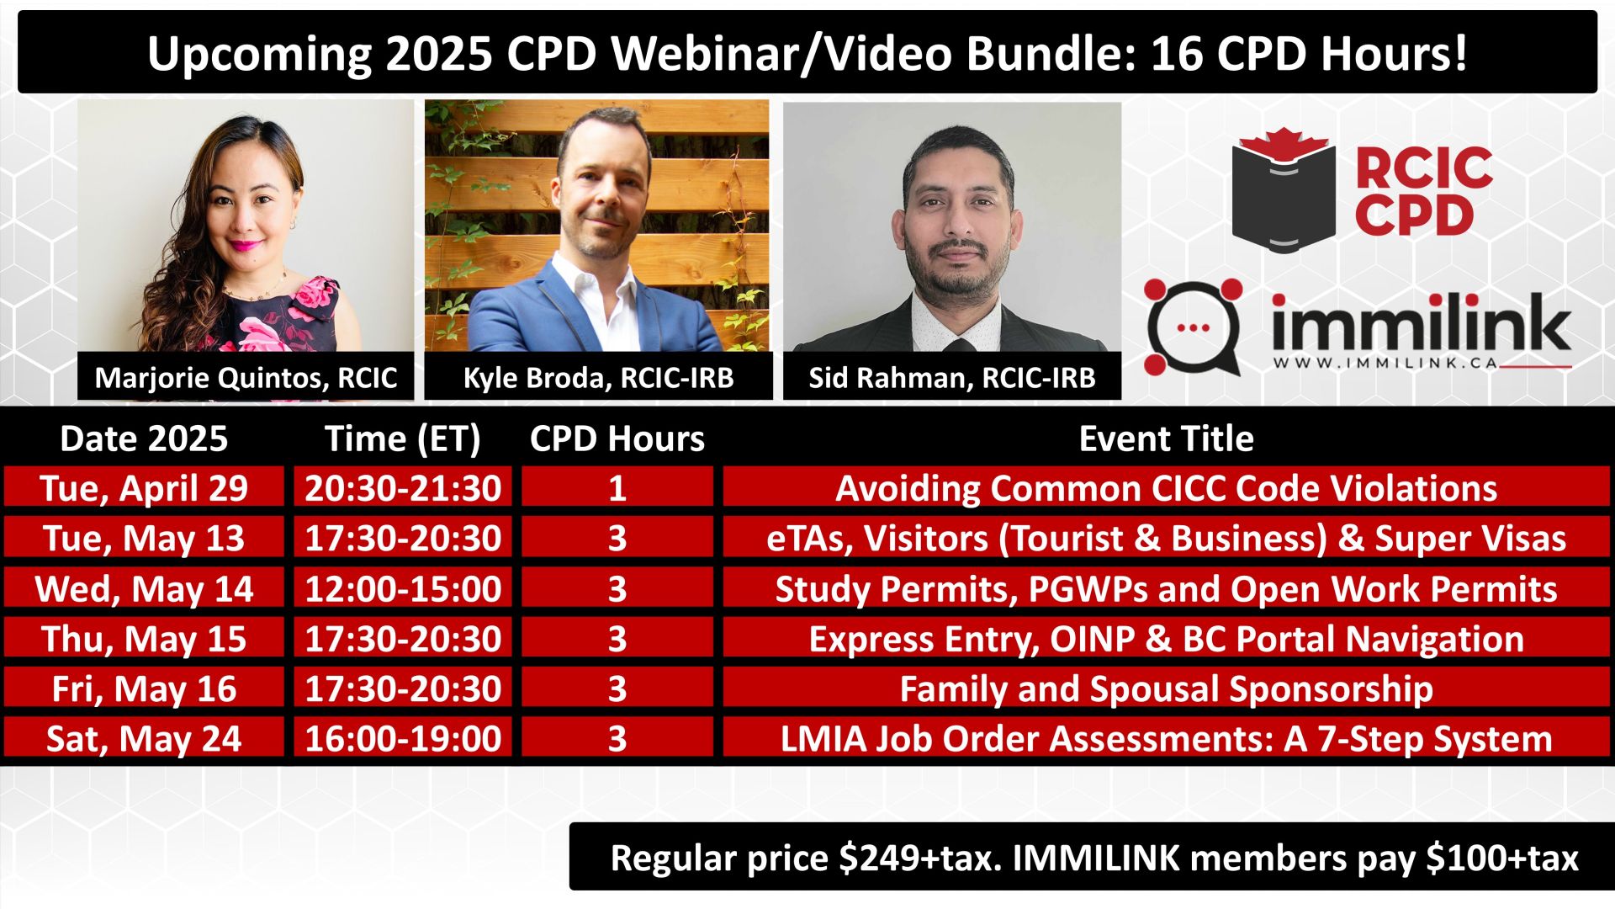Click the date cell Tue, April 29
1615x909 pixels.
144,488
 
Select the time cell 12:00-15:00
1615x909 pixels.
403,588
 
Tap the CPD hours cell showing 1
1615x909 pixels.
617,488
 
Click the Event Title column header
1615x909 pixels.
1166,439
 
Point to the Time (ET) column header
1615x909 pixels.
403,439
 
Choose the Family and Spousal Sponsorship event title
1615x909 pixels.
1166,688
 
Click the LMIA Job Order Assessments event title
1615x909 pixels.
1166,738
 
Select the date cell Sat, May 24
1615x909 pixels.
144,738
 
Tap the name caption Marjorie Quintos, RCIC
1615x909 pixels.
246,377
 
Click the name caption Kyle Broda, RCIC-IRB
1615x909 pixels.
598,377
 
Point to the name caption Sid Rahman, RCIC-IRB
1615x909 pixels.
952,377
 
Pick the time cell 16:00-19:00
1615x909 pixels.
403,738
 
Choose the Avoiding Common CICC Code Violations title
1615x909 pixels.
1166,488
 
